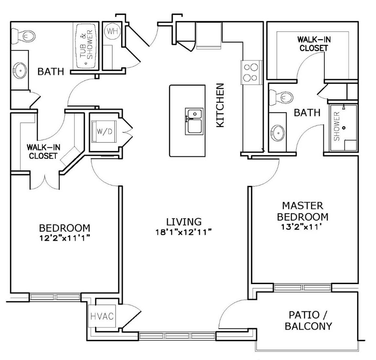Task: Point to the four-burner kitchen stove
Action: tap(250, 73)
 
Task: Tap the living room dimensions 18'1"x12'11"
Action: tap(184, 232)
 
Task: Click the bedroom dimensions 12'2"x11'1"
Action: tap(65, 237)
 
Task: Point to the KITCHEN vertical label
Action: tap(221, 105)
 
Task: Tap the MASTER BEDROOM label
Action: tap(303, 211)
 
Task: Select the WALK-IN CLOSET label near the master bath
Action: tap(312, 44)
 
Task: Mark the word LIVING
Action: tap(184, 221)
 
